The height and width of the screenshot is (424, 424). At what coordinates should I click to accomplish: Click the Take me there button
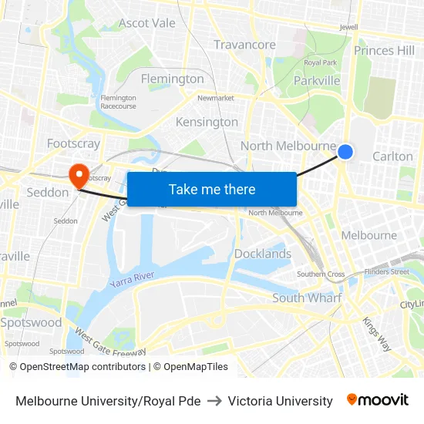tap(211, 189)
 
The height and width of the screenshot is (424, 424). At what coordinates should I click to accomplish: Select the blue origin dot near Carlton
tap(345, 152)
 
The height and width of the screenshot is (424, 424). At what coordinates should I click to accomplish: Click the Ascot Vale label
tap(147, 22)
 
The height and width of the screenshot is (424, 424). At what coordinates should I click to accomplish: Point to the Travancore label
tap(244, 45)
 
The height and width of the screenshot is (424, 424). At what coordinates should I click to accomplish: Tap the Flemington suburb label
tap(172, 79)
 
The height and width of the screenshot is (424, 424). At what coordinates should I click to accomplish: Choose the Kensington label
tap(207, 122)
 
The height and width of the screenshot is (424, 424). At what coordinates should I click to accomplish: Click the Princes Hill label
tap(384, 51)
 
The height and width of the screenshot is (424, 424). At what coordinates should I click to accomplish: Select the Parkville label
tap(317, 80)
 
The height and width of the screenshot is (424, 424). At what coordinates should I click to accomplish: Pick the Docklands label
tap(263, 254)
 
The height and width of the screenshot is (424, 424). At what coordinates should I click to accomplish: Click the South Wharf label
tap(307, 298)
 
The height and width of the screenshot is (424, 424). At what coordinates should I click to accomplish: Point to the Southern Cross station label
tap(321, 274)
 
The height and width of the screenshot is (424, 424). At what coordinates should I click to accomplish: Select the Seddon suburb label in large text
tap(48, 192)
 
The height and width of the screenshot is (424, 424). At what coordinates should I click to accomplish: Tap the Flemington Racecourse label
tap(118, 102)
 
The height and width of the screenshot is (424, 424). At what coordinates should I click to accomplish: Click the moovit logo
tap(378, 400)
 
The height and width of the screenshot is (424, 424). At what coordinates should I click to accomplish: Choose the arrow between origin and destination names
tap(214, 401)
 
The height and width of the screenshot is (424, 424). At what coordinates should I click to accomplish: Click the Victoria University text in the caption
tap(280, 401)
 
